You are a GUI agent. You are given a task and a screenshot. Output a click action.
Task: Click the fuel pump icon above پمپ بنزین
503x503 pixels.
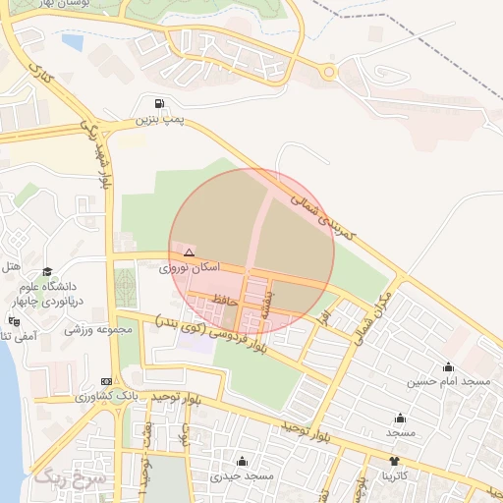tap(159, 104)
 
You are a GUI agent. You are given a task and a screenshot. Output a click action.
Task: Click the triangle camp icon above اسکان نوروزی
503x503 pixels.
tap(190, 252)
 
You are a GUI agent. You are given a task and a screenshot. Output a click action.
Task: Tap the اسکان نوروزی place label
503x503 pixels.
tap(191, 267)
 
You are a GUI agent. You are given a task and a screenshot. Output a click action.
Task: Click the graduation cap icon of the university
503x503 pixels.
tap(46, 272)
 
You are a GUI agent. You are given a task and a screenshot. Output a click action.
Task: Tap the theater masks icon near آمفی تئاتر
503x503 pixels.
tap(14, 321)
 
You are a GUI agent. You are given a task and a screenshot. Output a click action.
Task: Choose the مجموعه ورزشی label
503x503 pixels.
tap(98, 330)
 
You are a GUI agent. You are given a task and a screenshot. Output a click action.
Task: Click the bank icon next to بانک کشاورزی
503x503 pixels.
tap(106, 381)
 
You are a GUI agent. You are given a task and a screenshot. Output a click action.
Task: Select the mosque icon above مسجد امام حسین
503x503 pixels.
tap(449, 365)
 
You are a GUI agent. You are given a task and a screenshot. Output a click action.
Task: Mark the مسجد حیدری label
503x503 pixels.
tap(242, 476)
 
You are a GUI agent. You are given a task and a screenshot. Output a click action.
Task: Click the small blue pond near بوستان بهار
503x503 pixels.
tap(73, 42)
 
